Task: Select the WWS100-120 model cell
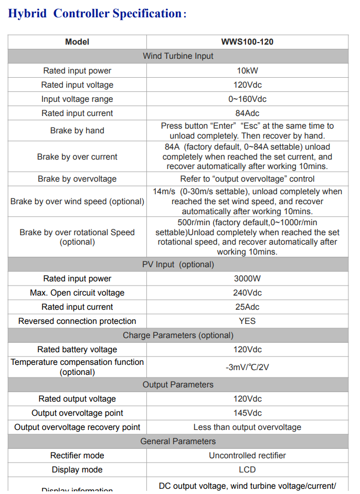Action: pyautogui.click(x=247, y=42)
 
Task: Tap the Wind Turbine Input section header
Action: pyautogui.click(x=178, y=56)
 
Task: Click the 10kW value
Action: pyautogui.click(x=247, y=70)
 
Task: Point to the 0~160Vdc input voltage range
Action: pyautogui.click(x=247, y=99)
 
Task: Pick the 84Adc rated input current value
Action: pyautogui.click(x=247, y=113)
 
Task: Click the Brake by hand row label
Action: pyautogui.click(x=77, y=131)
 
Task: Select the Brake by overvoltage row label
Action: pyautogui.click(x=77, y=179)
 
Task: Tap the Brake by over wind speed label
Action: pyautogui.click(x=77, y=202)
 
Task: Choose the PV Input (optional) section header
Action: pyautogui.click(x=178, y=265)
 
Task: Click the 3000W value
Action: pyautogui.click(x=247, y=279)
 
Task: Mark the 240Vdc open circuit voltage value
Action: pyautogui.click(x=247, y=293)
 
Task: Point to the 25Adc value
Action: pyautogui.click(x=247, y=307)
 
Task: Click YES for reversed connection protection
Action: pyautogui.click(x=247, y=321)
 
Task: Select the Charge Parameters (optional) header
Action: pyautogui.click(x=178, y=335)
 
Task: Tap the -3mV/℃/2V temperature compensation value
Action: pyautogui.click(x=247, y=367)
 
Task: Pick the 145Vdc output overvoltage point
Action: pyautogui.click(x=247, y=413)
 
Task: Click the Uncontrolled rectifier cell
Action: pyautogui.click(x=247, y=456)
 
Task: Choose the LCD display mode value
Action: pyautogui.click(x=247, y=470)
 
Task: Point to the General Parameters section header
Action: pyautogui.click(x=178, y=442)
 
